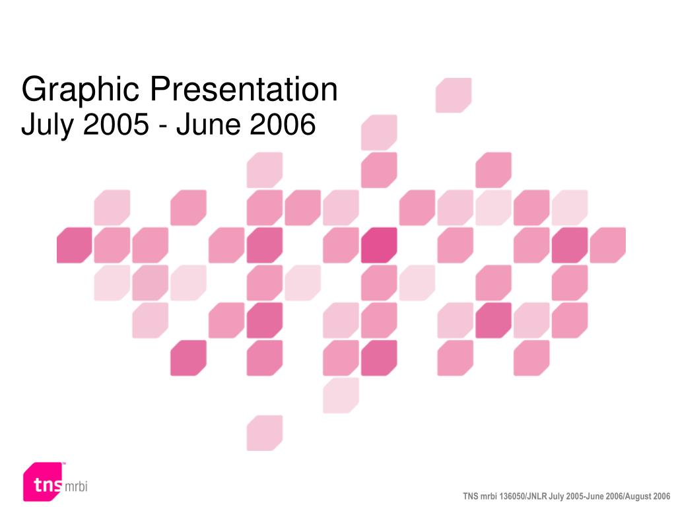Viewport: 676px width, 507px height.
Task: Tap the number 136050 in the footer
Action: pos(512,496)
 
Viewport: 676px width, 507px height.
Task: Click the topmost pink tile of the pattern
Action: pos(454,95)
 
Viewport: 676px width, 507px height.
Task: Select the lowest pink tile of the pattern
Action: pos(265,433)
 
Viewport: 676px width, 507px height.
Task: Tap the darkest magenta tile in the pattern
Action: pos(379,245)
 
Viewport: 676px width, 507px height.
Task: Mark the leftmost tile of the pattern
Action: pos(75,245)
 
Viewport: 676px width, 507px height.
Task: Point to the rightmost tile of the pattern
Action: pos(607,245)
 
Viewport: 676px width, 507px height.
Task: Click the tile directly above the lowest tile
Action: pos(265,358)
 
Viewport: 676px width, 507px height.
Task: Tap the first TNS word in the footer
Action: pos(470,496)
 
